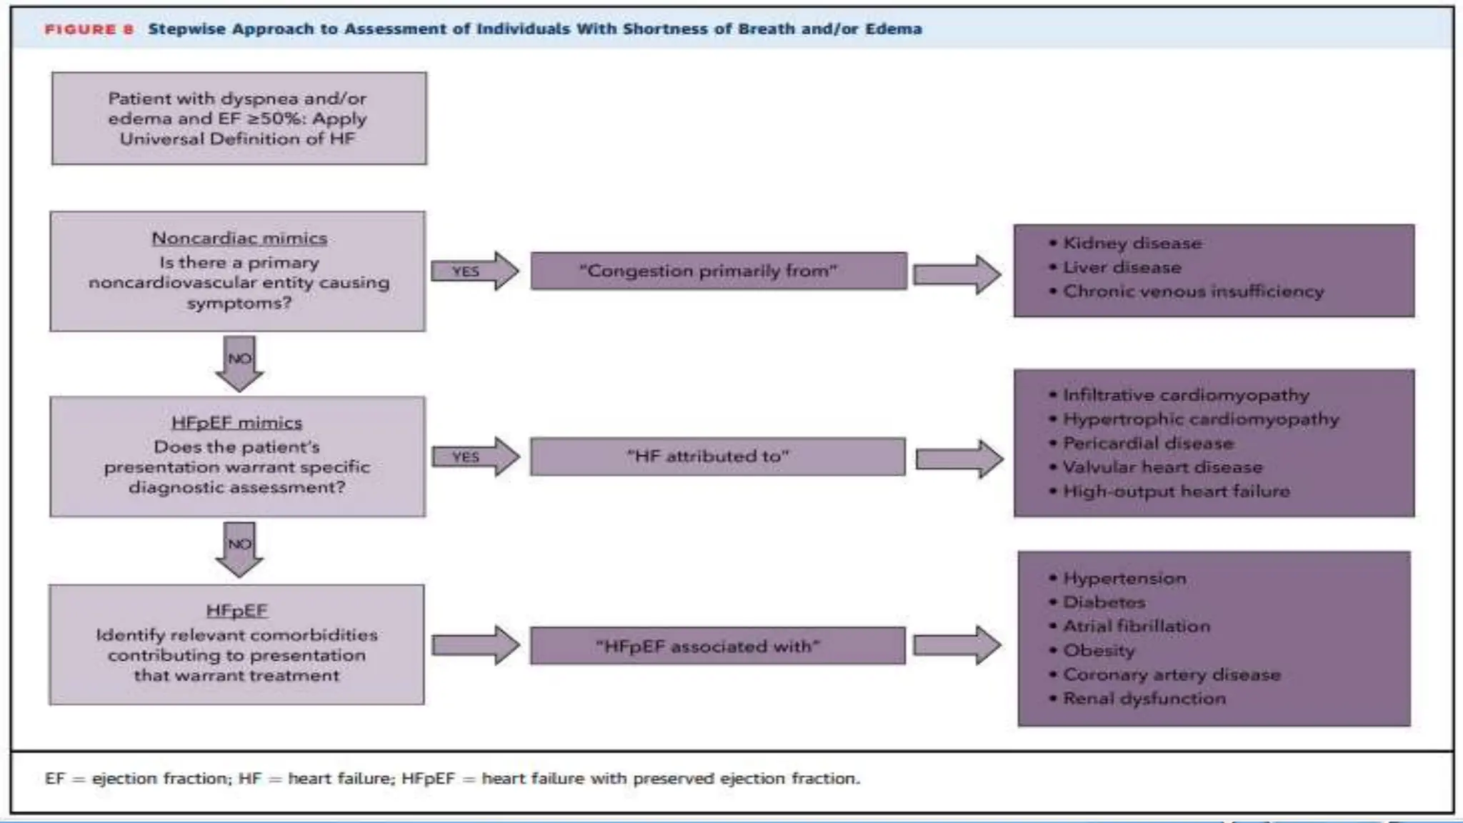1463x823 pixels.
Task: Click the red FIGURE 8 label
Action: point(89,29)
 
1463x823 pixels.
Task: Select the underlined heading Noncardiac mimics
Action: point(239,238)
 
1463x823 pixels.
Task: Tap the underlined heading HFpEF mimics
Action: point(237,422)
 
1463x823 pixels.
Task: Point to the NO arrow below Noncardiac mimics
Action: point(239,362)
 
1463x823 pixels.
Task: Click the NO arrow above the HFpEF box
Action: point(239,548)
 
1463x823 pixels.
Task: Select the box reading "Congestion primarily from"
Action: point(718,271)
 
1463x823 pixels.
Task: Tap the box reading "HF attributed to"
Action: point(717,456)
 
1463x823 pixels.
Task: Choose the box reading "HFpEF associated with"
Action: point(717,646)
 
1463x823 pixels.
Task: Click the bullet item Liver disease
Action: point(1122,267)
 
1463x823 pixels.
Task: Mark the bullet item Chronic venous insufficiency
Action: point(1193,291)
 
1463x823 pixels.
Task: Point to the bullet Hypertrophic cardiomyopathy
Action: point(1200,419)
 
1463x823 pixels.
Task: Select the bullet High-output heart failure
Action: point(1176,491)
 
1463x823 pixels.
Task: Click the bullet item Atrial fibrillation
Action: point(1137,626)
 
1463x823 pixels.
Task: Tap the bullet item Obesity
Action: point(1099,650)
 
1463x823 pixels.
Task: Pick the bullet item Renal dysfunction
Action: point(1144,698)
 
